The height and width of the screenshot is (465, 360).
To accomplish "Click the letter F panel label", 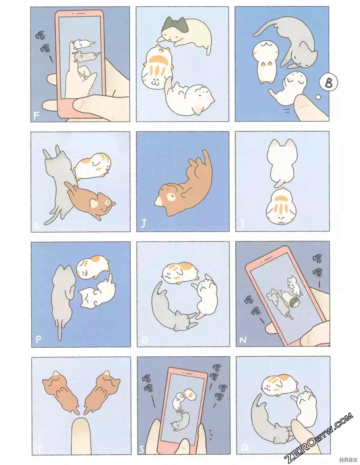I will [x=37, y=115].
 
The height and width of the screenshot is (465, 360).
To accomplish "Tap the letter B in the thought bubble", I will [x=328, y=82].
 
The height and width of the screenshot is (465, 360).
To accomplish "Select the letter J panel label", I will [x=144, y=224].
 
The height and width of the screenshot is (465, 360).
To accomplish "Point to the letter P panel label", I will [x=38, y=339].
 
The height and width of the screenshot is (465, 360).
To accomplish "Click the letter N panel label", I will [x=243, y=340].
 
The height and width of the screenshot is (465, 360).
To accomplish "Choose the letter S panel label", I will [x=142, y=449].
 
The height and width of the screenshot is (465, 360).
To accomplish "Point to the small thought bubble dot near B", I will [x=318, y=97].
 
